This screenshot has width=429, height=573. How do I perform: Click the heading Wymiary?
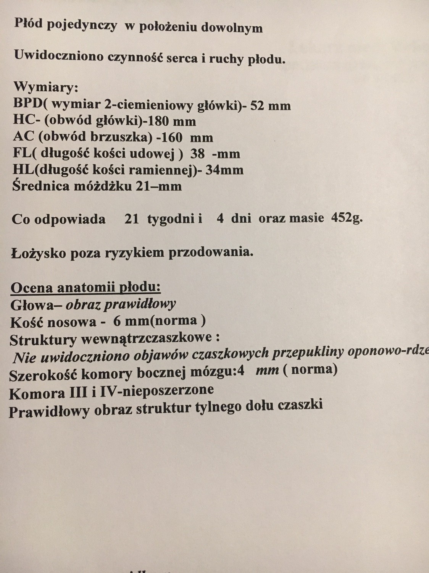click(46, 87)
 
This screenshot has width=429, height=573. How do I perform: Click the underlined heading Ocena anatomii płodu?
click(85, 288)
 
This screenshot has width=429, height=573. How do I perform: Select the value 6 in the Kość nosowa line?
click(117, 321)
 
